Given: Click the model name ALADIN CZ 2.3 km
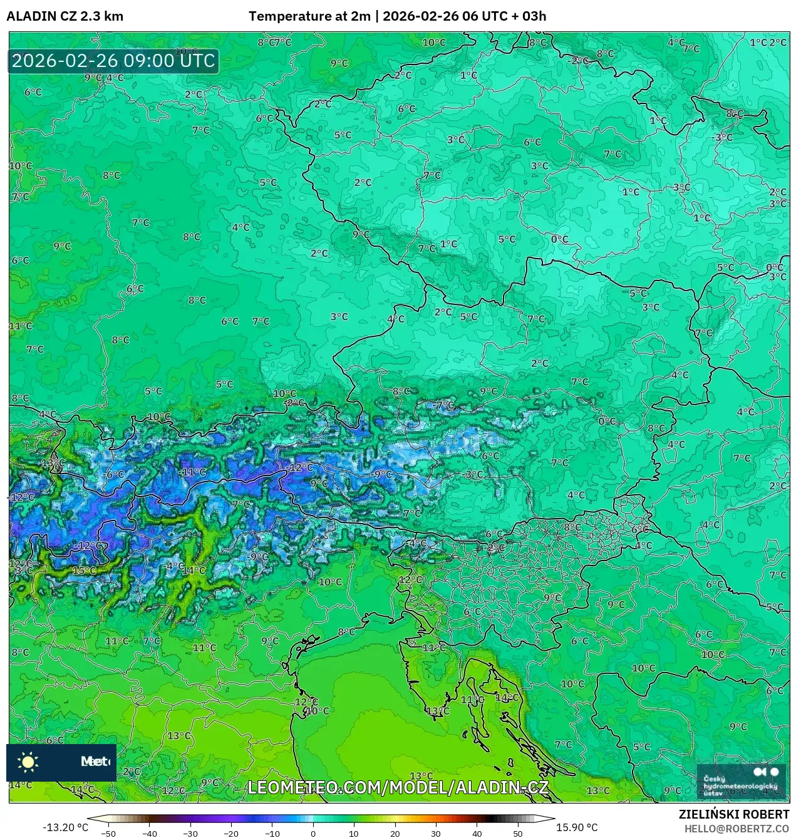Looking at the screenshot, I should coord(65,16).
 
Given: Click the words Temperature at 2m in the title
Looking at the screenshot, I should coord(309,16).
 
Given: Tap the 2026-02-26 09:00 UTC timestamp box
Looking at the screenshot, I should coord(113,61).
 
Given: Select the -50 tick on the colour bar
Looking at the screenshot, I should coord(108,833).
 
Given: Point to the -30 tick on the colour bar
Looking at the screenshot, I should coord(190,833).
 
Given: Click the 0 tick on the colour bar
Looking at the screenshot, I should coord(313,833).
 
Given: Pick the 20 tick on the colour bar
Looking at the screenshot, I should coord(395,833).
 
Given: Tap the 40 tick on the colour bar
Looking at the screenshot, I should coord(477,833).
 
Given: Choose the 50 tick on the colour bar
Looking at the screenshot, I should coord(517,833).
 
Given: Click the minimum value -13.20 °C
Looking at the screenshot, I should coord(65,827).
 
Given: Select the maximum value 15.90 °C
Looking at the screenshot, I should coord(577,827).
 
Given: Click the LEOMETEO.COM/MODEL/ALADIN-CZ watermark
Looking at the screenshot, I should coord(398,787).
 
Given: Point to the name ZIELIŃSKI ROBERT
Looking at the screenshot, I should coord(734,814).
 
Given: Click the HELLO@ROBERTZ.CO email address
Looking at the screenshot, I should coord(737,829).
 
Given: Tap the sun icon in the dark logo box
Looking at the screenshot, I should coord(28,762).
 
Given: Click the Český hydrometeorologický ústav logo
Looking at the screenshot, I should coord(741,781).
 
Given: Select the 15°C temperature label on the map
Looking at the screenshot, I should coord(85,571).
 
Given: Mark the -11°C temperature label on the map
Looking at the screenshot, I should coord(193,472).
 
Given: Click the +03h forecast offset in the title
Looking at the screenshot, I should coord(534,16).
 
